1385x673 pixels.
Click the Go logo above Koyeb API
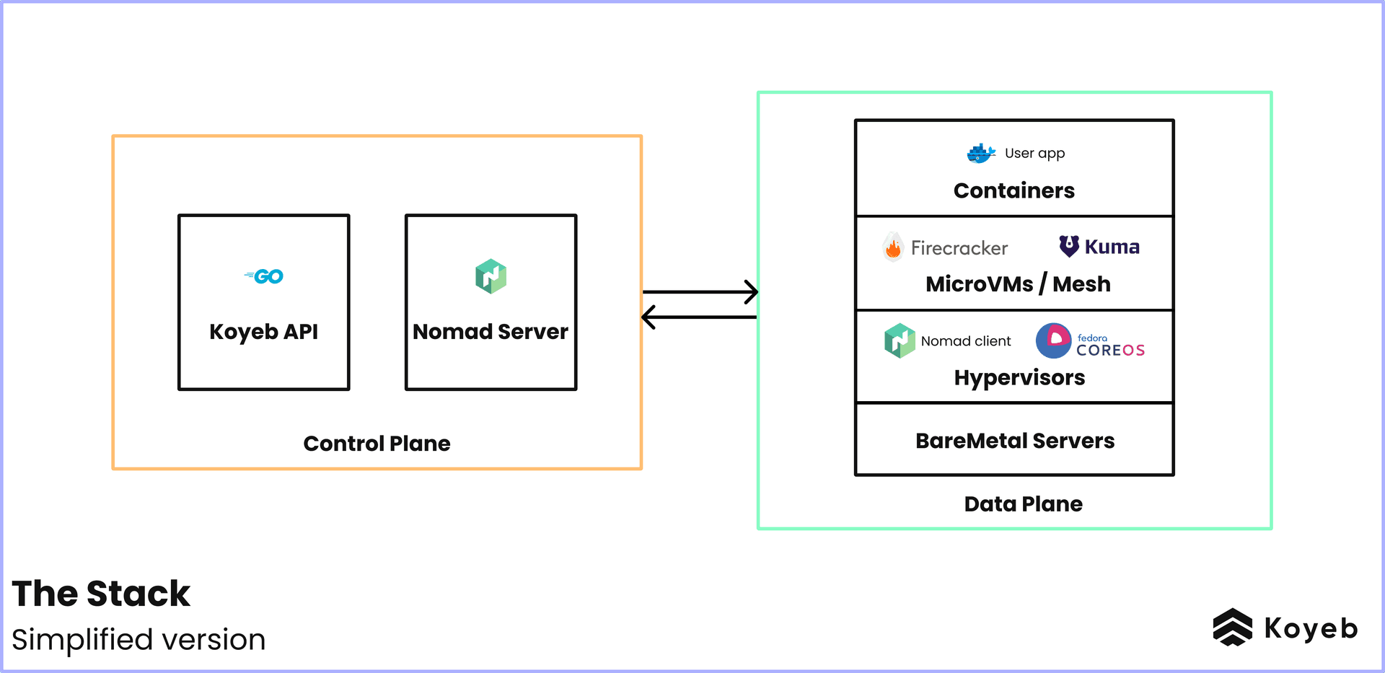(x=265, y=276)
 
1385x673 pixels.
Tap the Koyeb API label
(x=263, y=332)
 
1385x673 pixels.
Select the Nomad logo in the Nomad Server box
(x=491, y=276)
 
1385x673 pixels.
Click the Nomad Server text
(x=491, y=332)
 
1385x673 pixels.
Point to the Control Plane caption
(x=377, y=444)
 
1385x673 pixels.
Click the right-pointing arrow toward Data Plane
(x=700, y=291)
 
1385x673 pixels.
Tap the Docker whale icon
(x=980, y=153)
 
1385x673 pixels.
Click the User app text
(x=1034, y=153)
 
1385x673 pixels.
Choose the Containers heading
(x=1014, y=190)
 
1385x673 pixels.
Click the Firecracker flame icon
(x=893, y=247)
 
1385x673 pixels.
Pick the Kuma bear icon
(x=1069, y=246)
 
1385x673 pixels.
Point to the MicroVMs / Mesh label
(x=1018, y=284)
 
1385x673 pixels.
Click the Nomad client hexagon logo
(x=900, y=340)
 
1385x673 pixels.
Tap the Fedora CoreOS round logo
(x=1054, y=340)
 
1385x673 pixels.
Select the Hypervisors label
(x=1019, y=378)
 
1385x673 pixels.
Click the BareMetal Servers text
(x=1015, y=441)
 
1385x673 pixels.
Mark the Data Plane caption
(x=1023, y=504)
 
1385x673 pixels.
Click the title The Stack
(x=101, y=594)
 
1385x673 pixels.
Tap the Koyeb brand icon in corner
(x=1232, y=627)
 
